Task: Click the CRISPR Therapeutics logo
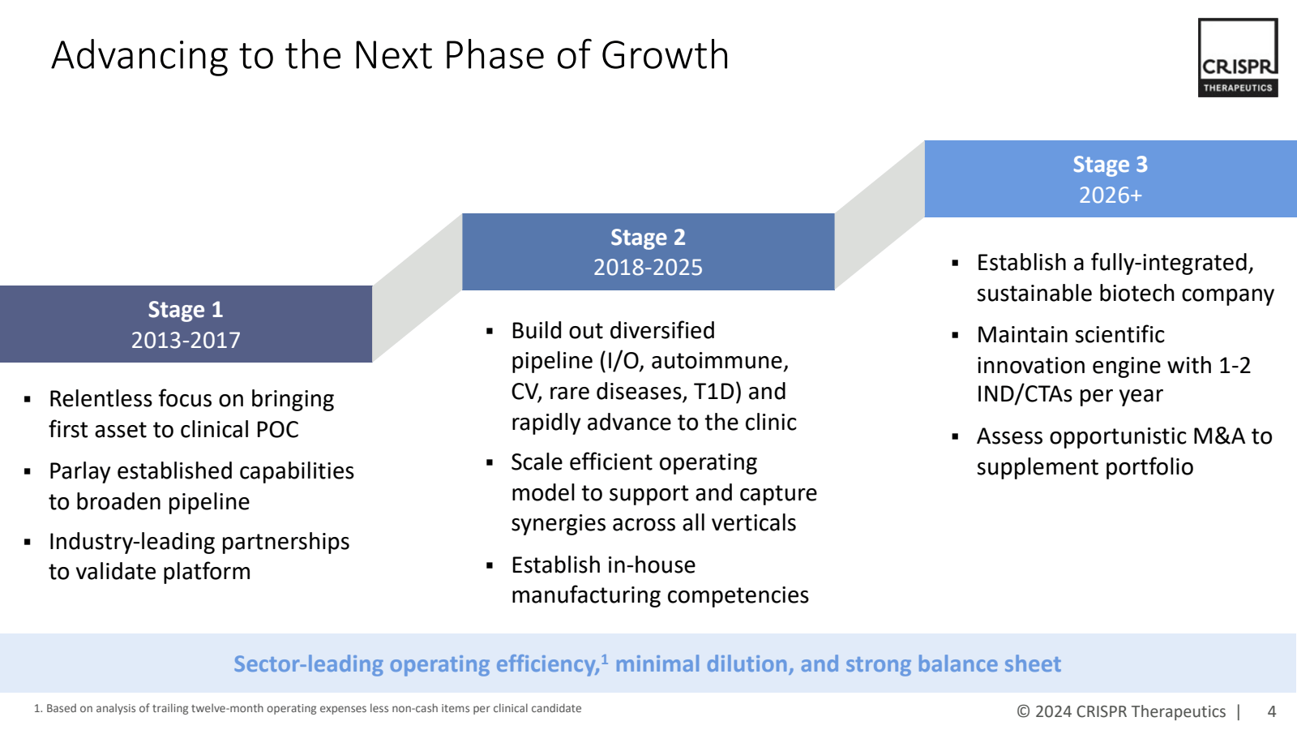click(1238, 58)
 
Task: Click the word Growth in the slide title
click(665, 56)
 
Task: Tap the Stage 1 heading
click(186, 309)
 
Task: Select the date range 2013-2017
click(186, 340)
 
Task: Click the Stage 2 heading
click(648, 238)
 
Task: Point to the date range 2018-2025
click(648, 268)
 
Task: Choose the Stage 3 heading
click(1110, 165)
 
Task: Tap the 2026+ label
click(1110, 195)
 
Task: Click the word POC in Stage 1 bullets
click(276, 430)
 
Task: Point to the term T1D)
click(717, 392)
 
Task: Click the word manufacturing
click(585, 596)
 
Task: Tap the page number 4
click(1272, 711)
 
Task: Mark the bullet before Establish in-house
click(490, 565)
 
